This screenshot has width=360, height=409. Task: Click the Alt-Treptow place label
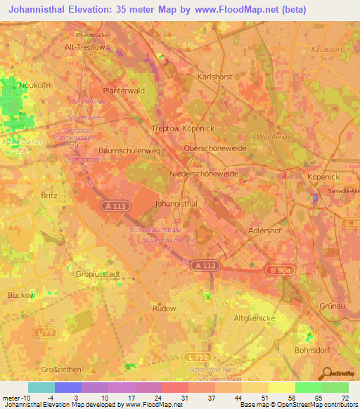(84, 47)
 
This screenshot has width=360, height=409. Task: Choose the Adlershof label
(266, 230)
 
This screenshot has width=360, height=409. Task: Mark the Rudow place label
(164, 308)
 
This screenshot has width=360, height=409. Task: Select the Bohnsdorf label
(312, 349)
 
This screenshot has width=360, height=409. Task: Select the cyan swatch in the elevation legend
(41, 387)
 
